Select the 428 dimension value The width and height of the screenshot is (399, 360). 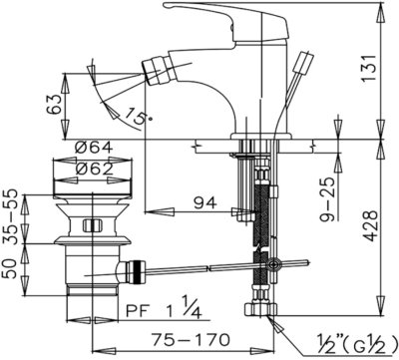point(370,226)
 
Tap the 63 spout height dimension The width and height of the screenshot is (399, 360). point(54,105)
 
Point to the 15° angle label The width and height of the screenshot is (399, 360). point(139,117)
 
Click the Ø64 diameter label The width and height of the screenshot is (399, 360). point(94,148)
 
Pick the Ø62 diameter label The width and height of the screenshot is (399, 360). point(94,170)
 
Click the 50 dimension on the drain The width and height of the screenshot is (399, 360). point(10,269)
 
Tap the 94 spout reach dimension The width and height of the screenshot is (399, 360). point(205,202)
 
